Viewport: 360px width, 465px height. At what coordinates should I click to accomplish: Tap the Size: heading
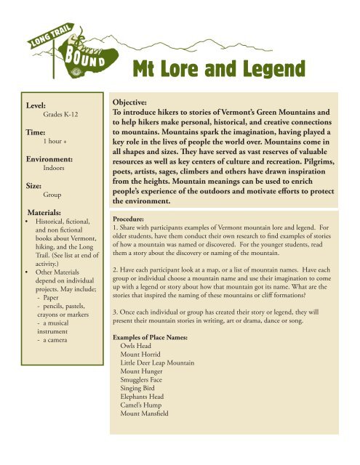[35, 185]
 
